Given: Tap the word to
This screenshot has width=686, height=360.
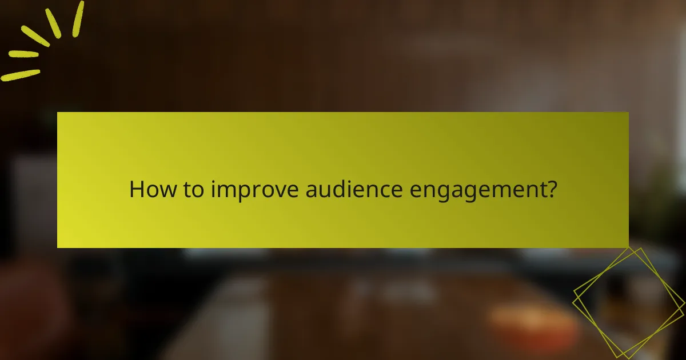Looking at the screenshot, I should [x=190, y=190].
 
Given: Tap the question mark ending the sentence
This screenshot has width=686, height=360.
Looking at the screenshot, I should [x=551, y=189].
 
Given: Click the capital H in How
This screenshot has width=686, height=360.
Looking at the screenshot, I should [x=137, y=190].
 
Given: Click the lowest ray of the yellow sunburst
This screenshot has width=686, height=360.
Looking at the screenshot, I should [x=20, y=75].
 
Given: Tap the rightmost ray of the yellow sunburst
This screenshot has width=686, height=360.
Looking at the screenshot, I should [x=77, y=18].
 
